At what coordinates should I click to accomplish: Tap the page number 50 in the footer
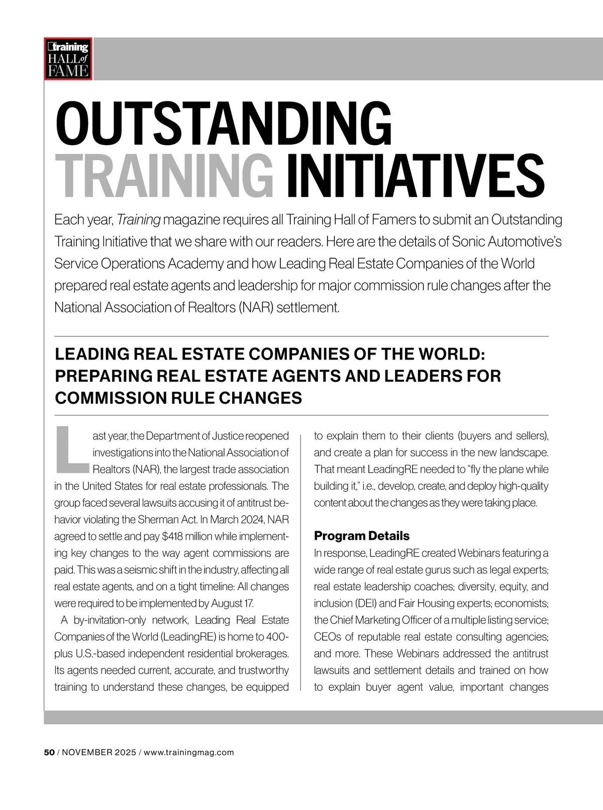pyautogui.click(x=49, y=752)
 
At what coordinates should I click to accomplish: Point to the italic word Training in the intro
pyautogui.click(x=139, y=220)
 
